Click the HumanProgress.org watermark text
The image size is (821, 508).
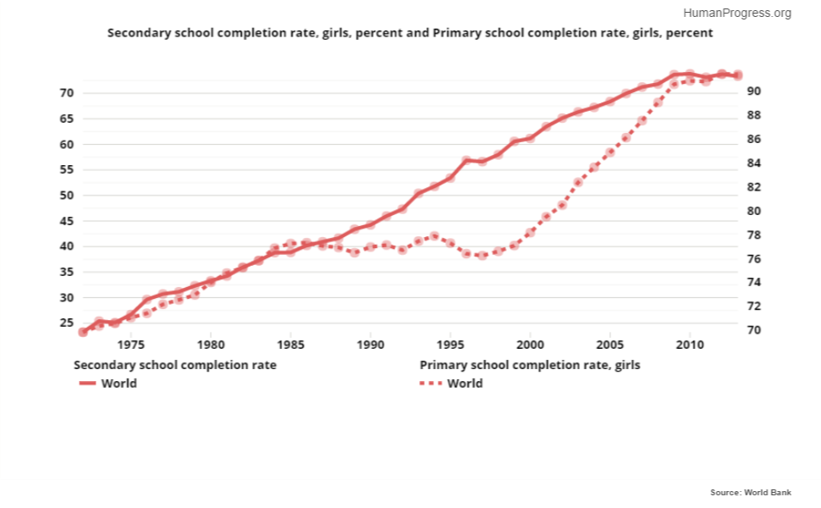(x=736, y=13)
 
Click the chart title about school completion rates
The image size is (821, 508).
(x=410, y=33)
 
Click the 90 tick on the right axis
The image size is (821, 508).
(x=753, y=91)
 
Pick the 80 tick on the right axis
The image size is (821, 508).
(x=753, y=211)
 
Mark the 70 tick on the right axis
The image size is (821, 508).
(x=753, y=330)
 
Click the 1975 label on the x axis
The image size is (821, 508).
(x=130, y=345)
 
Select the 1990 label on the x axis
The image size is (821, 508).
(x=370, y=345)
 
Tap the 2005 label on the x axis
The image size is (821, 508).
(x=609, y=345)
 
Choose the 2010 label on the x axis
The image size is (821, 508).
(x=690, y=345)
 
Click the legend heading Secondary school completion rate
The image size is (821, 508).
(x=175, y=365)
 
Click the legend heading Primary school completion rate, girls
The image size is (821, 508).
(x=530, y=365)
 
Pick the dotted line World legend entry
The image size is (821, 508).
(x=452, y=384)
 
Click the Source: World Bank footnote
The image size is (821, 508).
(x=751, y=492)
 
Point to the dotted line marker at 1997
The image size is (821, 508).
(x=482, y=255)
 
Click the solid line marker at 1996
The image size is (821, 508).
(x=466, y=160)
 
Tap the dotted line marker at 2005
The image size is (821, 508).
(x=609, y=152)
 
